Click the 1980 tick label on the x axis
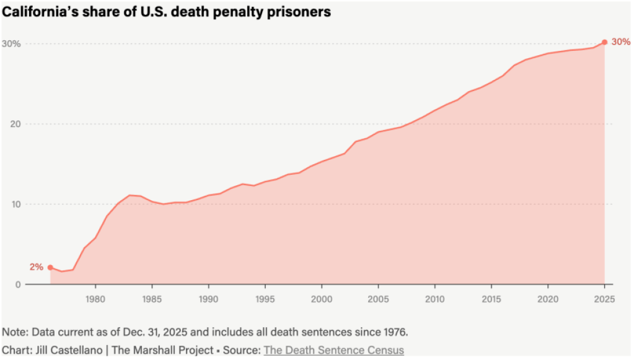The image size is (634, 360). point(95,299)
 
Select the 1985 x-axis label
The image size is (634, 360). point(152,299)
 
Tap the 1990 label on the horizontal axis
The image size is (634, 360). point(209,299)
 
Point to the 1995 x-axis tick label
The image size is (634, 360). point(265,299)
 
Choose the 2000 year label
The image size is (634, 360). point(322,299)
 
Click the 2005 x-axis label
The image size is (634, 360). point(379,299)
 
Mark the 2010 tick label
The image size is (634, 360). point(435,299)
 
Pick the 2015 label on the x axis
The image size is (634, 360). point(491,299)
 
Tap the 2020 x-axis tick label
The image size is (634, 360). point(548,299)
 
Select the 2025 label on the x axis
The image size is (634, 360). point(604,299)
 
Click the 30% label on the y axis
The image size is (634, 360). point(11,43)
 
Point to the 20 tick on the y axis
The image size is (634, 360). point(15,124)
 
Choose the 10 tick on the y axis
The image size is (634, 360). point(15,204)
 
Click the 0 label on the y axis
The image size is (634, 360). point(18,284)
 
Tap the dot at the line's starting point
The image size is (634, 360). point(50,268)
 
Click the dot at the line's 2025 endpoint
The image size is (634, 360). point(604,42)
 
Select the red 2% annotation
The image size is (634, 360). point(37,267)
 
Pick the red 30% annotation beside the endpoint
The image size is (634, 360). point(620,42)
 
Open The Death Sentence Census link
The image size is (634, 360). point(334,350)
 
